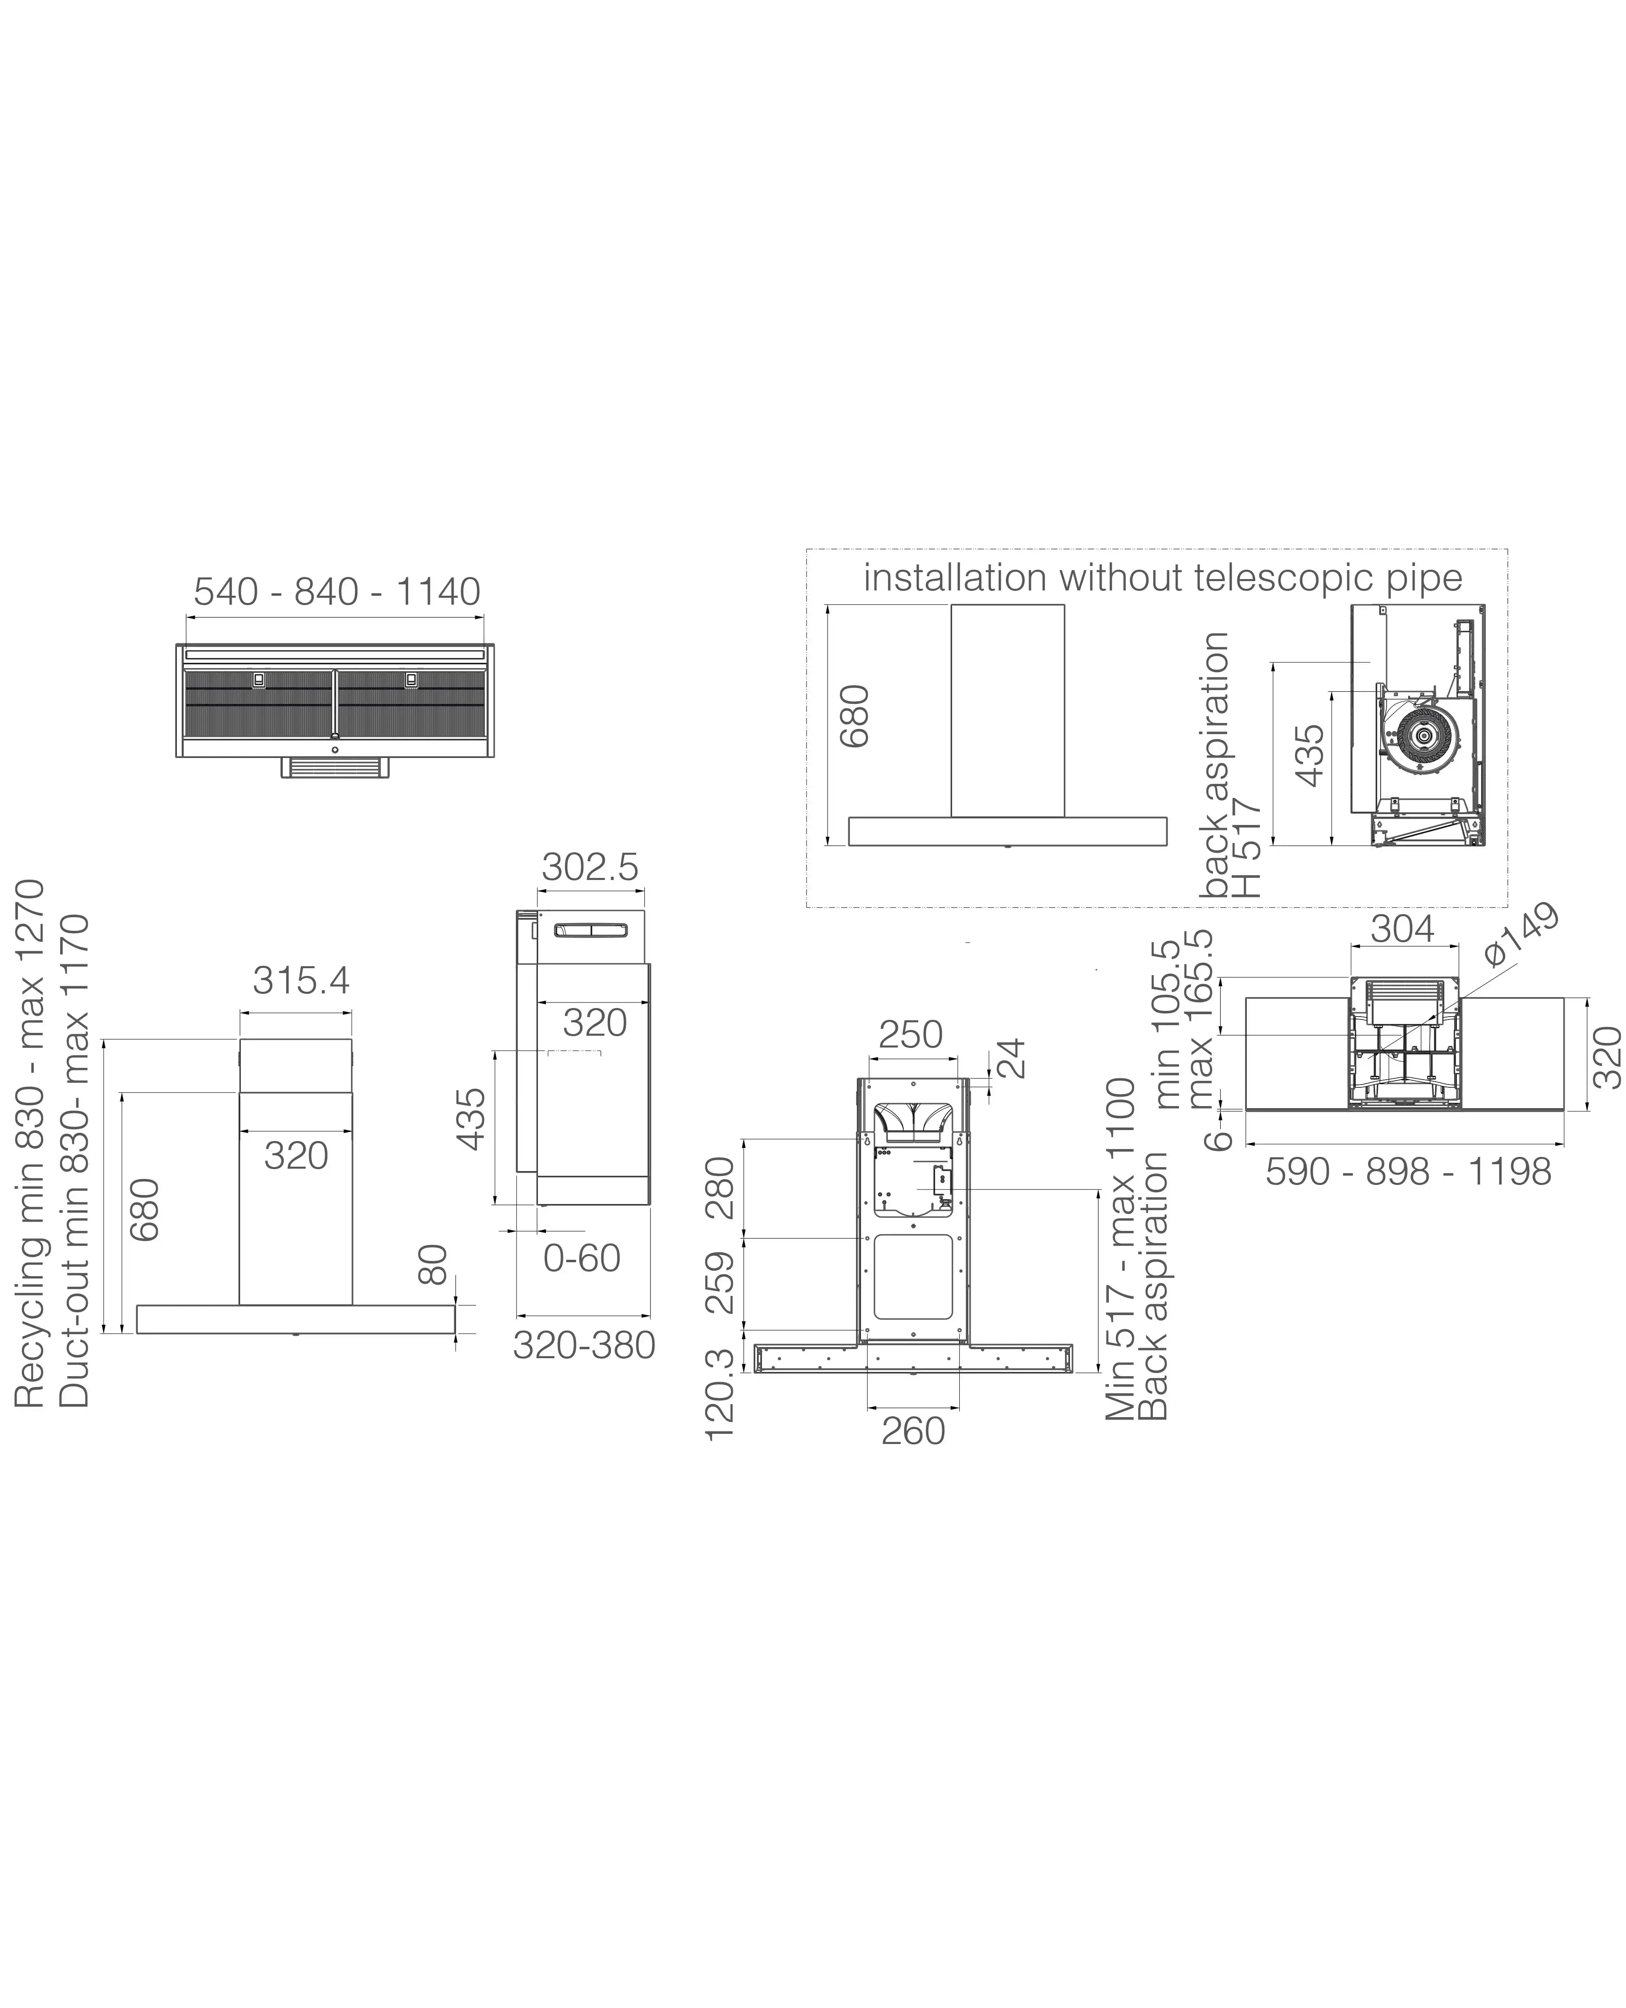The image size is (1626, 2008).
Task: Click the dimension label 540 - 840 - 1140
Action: tap(336, 592)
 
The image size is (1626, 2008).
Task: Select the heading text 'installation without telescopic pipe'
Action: tap(1162, 578)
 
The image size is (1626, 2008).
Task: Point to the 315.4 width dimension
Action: tap(301, 981)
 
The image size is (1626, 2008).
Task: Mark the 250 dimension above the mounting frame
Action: tap(911, 1035)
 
